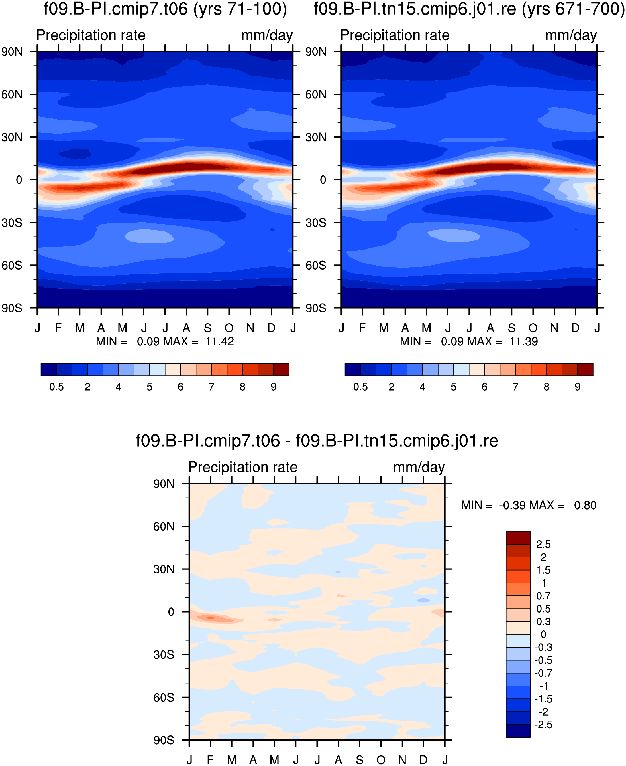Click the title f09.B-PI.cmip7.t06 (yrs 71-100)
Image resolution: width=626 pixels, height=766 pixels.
(x=165, y=9)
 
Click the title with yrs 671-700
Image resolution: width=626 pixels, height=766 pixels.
(x=469, y=9)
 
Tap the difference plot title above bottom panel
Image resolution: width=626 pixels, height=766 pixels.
(x=317, y=441)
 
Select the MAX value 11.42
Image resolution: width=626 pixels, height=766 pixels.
(x=220, y=341)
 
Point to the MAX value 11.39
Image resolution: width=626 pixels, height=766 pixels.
(x=524, y=341)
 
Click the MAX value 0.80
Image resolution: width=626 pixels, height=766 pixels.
(x=585, y=505)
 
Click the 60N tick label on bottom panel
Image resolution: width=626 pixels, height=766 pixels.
(x=164, y=527)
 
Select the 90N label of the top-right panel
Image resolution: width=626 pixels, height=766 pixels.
(x=316, y=52)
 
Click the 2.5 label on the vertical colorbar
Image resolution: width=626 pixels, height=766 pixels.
(x=543, y=544)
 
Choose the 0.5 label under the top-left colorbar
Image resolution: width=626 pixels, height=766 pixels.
(x=57, y=387)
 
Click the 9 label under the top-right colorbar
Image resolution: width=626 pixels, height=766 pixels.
(x=578, y=387)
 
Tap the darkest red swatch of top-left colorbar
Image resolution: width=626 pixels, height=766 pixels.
(x=281, y=370)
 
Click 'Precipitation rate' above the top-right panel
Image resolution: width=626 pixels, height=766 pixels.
(x=395, y=35)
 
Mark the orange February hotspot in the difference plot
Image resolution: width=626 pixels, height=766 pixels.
(x=211, y=618)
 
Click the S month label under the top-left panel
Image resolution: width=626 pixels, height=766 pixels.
(x=208, y=328)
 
